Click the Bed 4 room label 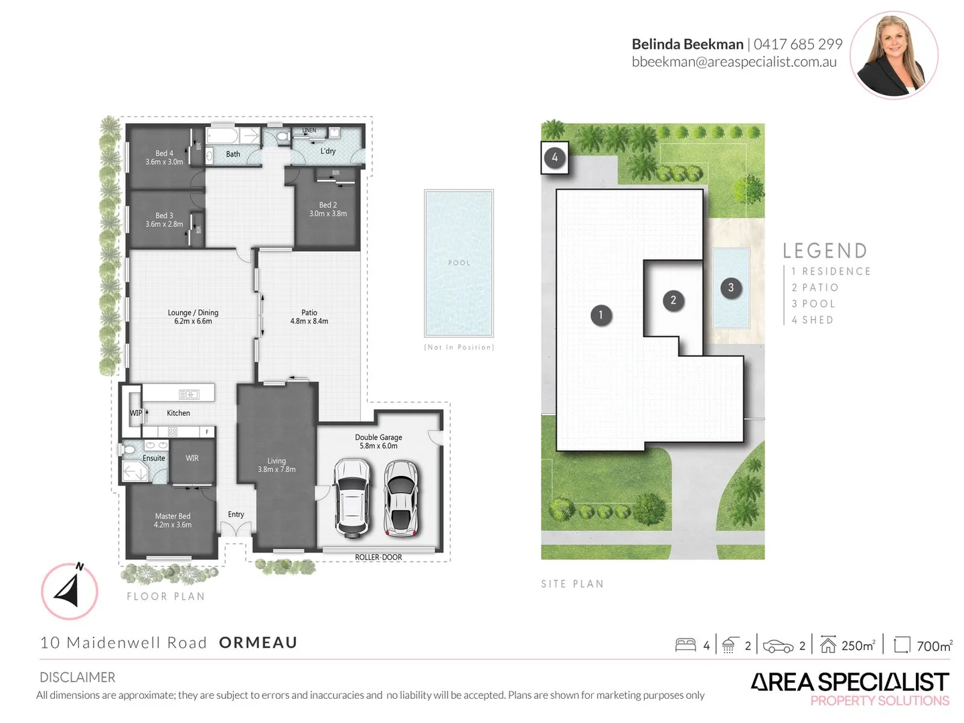[x=164, y=157]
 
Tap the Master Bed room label [x=173, y=520]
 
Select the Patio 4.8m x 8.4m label [x=309, y=317]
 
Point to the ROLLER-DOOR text [x=378, y=557]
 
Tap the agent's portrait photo [x=894, y=55]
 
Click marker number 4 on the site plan [x=554, y=158]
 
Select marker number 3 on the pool [x=730, y=288]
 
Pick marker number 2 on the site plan [x=673, y=300]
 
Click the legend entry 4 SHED [x=812, y=320]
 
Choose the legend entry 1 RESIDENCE [x=831, y=271]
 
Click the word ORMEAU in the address [x=258, y=643]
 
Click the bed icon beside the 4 [x=686, y=645]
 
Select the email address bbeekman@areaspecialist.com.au [x=734, y=62]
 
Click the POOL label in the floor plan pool [x=459, y=263]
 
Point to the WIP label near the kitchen [x=136, y=413]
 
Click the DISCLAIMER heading [x=77, y=677]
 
